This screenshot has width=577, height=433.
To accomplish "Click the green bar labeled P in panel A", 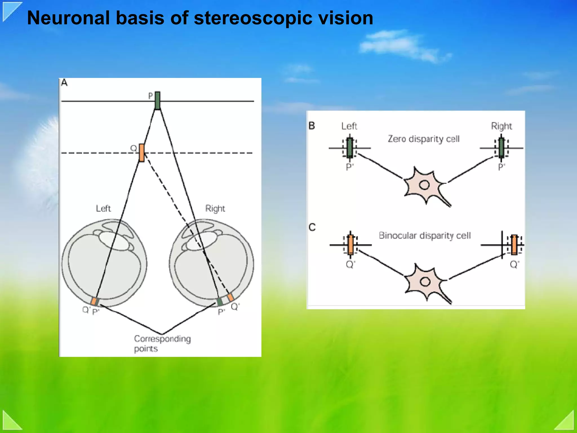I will click(157, 100).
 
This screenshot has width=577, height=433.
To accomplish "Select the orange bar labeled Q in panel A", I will click(142, 153).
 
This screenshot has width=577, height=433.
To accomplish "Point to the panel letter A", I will click(64, 83).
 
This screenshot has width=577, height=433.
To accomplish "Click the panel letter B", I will click(312, 126).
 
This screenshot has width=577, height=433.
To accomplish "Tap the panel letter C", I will click(312, 227).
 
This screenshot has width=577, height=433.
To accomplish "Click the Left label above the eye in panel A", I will click(103, 209).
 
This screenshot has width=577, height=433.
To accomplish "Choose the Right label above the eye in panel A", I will click(215, 209).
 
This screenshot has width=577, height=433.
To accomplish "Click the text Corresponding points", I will click(162, 343).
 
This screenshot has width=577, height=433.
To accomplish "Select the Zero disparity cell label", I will click(423, 139).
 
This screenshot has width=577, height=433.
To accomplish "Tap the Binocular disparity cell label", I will click(425, 235).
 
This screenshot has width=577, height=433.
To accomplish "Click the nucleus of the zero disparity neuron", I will click(424, 185).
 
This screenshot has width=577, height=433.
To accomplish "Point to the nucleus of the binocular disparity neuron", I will click(425, 282).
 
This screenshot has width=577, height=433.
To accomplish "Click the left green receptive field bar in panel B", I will click(350, 148).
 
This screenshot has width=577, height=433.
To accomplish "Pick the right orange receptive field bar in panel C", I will click(514, 244).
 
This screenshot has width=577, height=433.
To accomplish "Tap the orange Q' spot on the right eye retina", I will click(230, 297).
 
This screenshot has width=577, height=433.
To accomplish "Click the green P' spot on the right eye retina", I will click(219, 301).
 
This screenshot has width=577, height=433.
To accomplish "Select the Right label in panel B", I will click(501, 126).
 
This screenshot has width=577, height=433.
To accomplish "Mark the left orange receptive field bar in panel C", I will click(350, 245).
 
